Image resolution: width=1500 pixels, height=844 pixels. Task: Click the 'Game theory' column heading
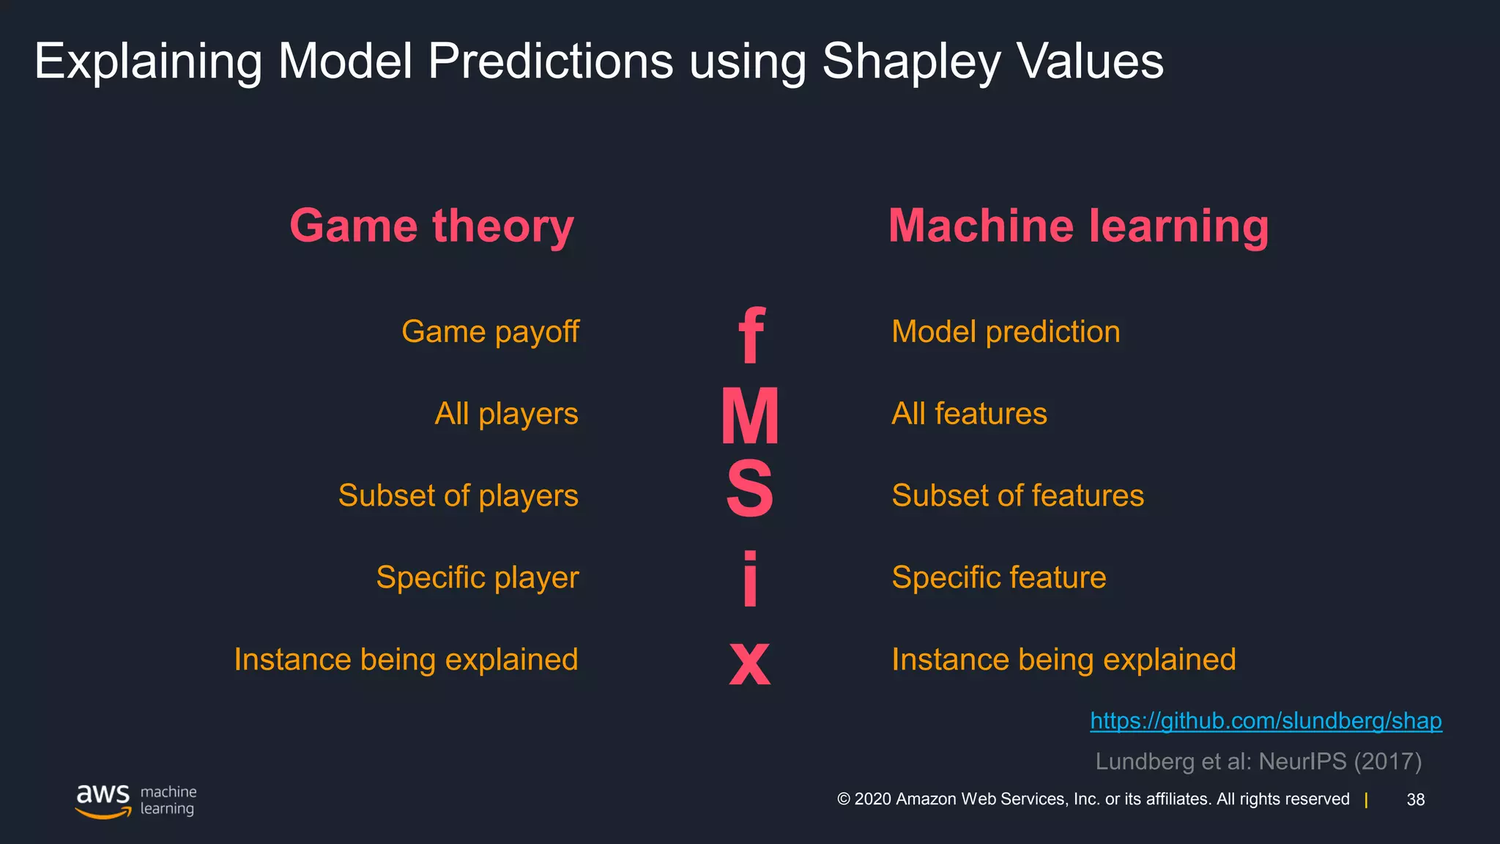click(431, 226)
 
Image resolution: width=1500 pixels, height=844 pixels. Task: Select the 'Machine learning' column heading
click(1078, 226)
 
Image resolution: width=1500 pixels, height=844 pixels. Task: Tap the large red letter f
click(751, 336)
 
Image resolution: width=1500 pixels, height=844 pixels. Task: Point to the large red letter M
click(750, 416)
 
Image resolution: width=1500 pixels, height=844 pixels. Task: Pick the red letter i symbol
click(750, 579)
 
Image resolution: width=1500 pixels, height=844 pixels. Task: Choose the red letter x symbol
click(750, 662)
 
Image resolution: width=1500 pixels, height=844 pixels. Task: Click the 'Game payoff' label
click(490, 332)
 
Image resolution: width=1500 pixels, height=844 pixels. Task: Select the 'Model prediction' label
click(1006, 332)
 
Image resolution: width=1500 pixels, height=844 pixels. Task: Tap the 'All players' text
click(506, 414)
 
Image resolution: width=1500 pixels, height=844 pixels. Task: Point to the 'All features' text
click(969, 414)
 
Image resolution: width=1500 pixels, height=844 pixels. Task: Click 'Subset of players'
click(458, 496)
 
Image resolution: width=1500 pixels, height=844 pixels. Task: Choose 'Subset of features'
click(1017, 496)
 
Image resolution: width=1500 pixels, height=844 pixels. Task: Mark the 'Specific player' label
click(477, 578)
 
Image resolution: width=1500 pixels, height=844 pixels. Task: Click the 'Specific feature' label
click(998, 578)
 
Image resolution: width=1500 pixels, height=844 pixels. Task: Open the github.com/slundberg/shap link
click(1266, 721)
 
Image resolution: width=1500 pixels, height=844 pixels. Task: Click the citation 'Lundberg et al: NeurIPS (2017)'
click(1258, 762)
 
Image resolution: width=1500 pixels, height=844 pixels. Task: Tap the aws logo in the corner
click(103, 800)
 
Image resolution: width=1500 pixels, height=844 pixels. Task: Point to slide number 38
click(1416, 800)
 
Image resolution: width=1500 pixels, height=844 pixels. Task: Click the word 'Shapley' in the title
click(910, 62)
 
